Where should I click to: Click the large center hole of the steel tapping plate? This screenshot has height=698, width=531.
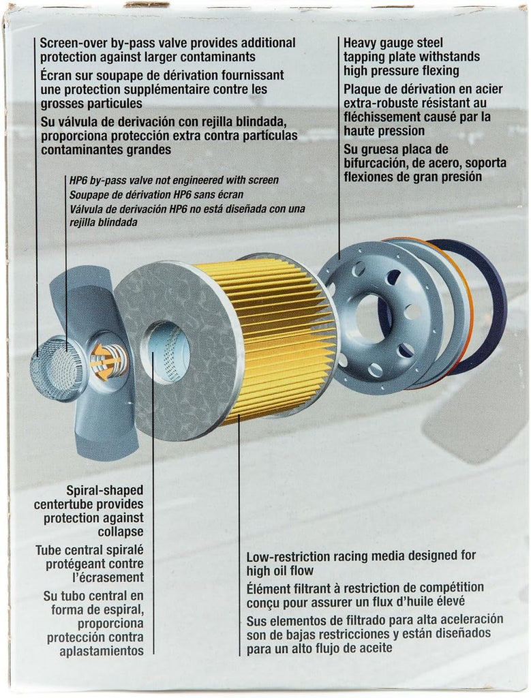(x=371, y=318)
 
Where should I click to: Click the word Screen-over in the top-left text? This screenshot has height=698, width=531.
(x=71, y=43)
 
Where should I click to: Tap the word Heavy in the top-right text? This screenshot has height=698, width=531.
(x=360, y=43)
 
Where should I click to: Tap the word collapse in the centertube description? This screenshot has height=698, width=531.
(x=123, y=532)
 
